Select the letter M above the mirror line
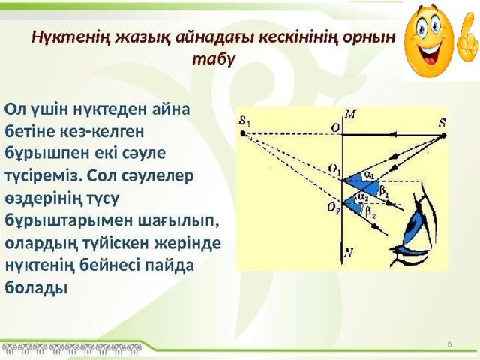coord(349,113)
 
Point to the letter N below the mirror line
coord(349,253)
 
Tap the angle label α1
coord(369,175)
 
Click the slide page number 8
coord(448,343)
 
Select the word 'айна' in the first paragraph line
coord(174,108)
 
